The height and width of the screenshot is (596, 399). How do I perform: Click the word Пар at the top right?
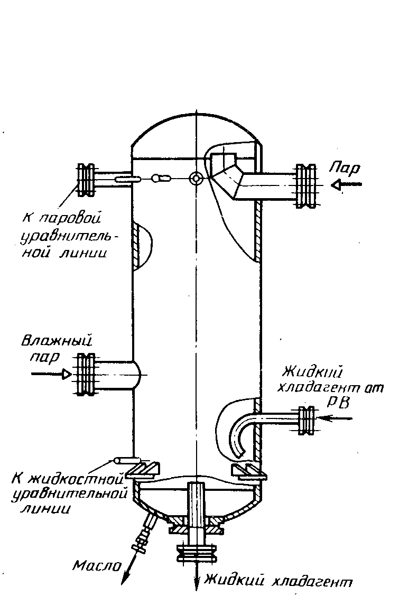pyautogui.click(x=344, y=167)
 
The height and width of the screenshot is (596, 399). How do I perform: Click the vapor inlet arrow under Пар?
pyautogui.click(x=346, y=185)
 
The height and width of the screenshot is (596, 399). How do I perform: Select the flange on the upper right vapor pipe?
pyautogui.click(x=306, y=186)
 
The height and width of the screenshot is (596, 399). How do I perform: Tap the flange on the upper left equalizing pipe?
pyautogui.click(x=86, y=180)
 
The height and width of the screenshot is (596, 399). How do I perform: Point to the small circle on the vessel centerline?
pyautogui.click(x=196, y=178)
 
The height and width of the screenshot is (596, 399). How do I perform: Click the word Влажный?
pyautogui.click(x=57, y=341)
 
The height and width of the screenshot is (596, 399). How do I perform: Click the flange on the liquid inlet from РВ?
pyautogui.click(x=307, y=421)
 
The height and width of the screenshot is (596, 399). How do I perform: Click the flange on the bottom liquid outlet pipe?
pyautogui.click(x=196, y=552)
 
